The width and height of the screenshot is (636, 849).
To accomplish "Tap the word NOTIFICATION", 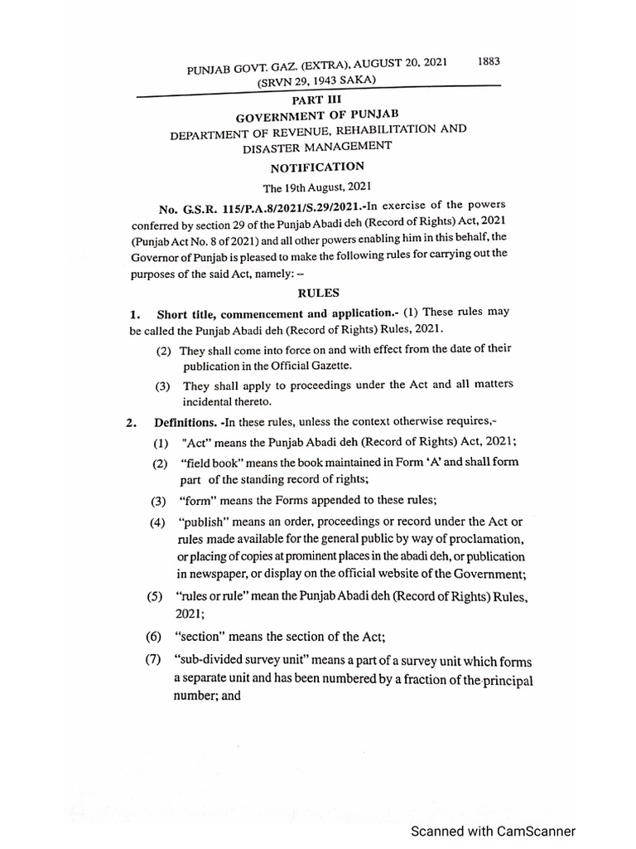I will click(317, 167).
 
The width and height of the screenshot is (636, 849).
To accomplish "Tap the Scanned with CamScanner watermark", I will click(493, 831).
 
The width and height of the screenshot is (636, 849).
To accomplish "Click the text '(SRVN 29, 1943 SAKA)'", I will click(316, 80).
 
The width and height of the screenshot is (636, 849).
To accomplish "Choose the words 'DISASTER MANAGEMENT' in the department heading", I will click(317, 147).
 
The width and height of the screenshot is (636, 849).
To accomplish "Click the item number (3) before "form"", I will click(158, 501).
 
